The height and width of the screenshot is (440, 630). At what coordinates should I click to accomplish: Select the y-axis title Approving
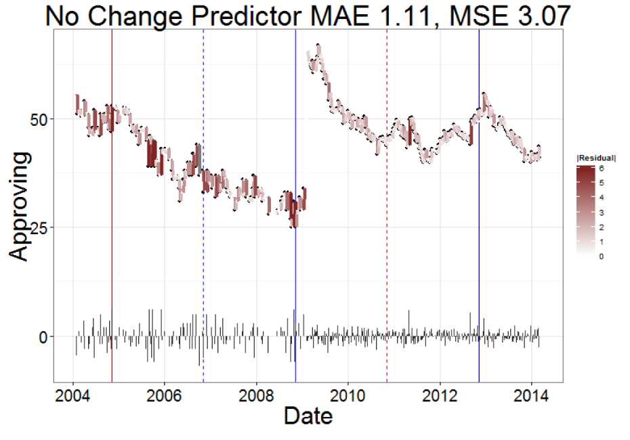pos(20,206)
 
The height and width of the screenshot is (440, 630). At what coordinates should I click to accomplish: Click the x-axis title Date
pos(308,415)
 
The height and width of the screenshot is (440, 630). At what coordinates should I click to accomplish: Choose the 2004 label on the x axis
pos(73,395)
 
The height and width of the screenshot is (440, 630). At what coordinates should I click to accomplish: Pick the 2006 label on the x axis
pos(165,395)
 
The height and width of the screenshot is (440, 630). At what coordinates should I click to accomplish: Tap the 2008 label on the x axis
pos(256,395)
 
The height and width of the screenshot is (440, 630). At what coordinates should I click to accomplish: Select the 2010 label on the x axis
pos(348,395)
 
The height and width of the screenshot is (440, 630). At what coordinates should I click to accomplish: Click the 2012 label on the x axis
pos(440,395)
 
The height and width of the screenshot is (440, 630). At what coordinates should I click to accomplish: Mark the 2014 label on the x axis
pos(532,395)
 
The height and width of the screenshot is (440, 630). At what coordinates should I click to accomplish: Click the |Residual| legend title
pos(595,158)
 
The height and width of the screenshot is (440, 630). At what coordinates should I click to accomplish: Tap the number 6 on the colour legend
pos(601,168)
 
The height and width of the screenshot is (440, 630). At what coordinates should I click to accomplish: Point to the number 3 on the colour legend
pos(601,212)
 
